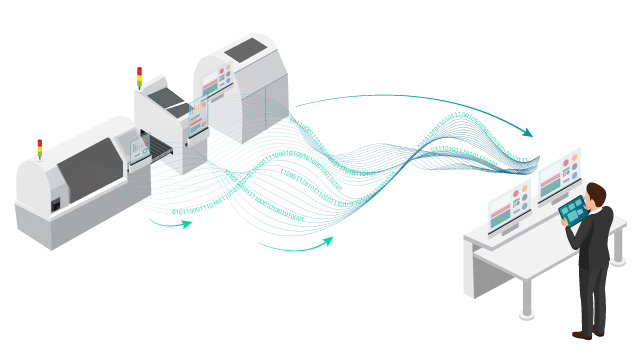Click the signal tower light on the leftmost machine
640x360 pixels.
point(40,148)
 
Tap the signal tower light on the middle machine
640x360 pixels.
point(139,75)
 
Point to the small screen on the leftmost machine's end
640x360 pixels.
point(137,149)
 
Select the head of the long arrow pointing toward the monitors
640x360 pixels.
point(529,134)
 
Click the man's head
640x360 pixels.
point(596,194)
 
